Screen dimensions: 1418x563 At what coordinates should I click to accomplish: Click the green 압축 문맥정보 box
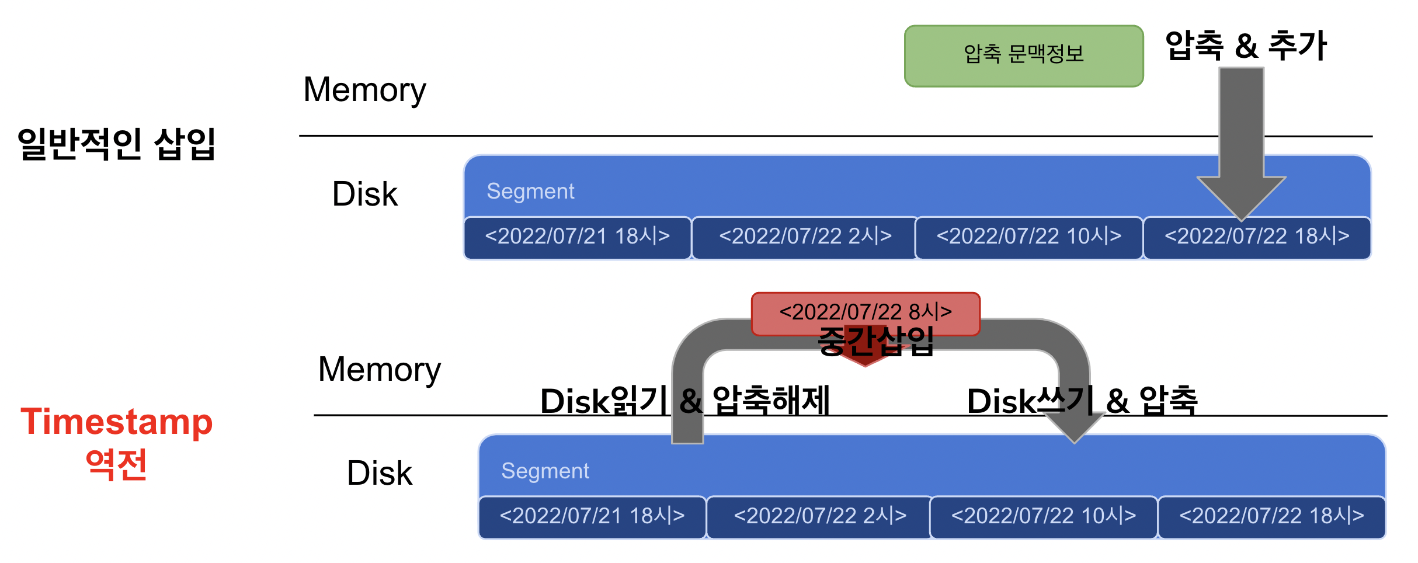1023,56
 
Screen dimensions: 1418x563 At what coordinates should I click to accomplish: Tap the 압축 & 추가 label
1246,46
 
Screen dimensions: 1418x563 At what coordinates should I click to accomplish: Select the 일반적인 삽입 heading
117,144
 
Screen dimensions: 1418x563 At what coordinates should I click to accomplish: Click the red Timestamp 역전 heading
117,443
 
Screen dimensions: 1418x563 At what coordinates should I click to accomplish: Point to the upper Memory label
365,90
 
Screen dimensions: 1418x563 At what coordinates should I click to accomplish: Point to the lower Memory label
380,370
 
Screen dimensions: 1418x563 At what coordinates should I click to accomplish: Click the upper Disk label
365,194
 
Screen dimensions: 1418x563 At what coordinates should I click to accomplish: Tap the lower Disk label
380,473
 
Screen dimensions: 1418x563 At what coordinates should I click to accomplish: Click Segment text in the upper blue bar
530,191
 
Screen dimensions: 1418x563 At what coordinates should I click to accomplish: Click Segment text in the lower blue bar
545,471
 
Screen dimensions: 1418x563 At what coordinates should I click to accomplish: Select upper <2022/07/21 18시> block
578,238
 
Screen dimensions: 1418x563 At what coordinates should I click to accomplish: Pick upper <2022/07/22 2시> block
805,238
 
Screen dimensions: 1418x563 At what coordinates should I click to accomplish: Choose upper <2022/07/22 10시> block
1029,238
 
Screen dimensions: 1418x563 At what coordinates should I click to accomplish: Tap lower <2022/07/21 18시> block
592,517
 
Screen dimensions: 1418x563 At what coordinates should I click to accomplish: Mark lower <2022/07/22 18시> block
1272,517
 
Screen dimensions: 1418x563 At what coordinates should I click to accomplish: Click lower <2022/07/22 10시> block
1044,517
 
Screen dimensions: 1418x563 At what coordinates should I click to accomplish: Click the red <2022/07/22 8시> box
866,314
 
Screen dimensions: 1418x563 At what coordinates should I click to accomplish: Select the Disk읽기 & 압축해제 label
685,401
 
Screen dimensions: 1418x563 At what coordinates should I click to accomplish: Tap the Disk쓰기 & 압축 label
1082,401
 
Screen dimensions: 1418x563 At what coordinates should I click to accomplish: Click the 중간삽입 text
876,340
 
